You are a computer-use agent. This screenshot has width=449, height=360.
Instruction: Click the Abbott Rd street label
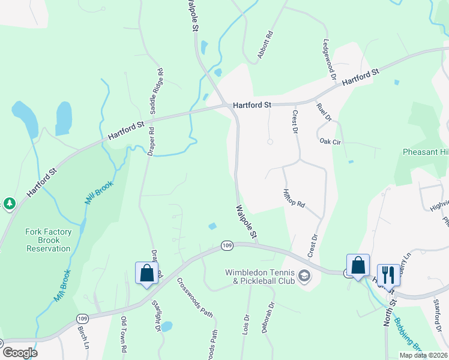pyautogui.click(x=265, y=45)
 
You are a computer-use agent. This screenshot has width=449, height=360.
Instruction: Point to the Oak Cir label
pyautogui.click(x=330, y=142)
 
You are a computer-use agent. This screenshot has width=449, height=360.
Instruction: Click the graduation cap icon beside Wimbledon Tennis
pyautogui.click(x=305, y=277)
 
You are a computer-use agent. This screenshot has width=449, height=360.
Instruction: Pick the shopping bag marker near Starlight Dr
pyautogui.click(x=146, y=274)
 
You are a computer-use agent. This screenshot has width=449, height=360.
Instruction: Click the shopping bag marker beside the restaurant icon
pyautogui.click(x=358, y=265)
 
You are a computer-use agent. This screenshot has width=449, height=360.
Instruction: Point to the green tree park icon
pyautogui.click(x=9, y=205)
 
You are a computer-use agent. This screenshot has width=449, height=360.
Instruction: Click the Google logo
pyautogui.click(x=20, y=353)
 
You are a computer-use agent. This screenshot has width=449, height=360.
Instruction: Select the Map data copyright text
pyautogui.click(x=424, y=355)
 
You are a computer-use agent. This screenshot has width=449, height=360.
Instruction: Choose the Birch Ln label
pyautogui.click(x=83, y=338)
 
